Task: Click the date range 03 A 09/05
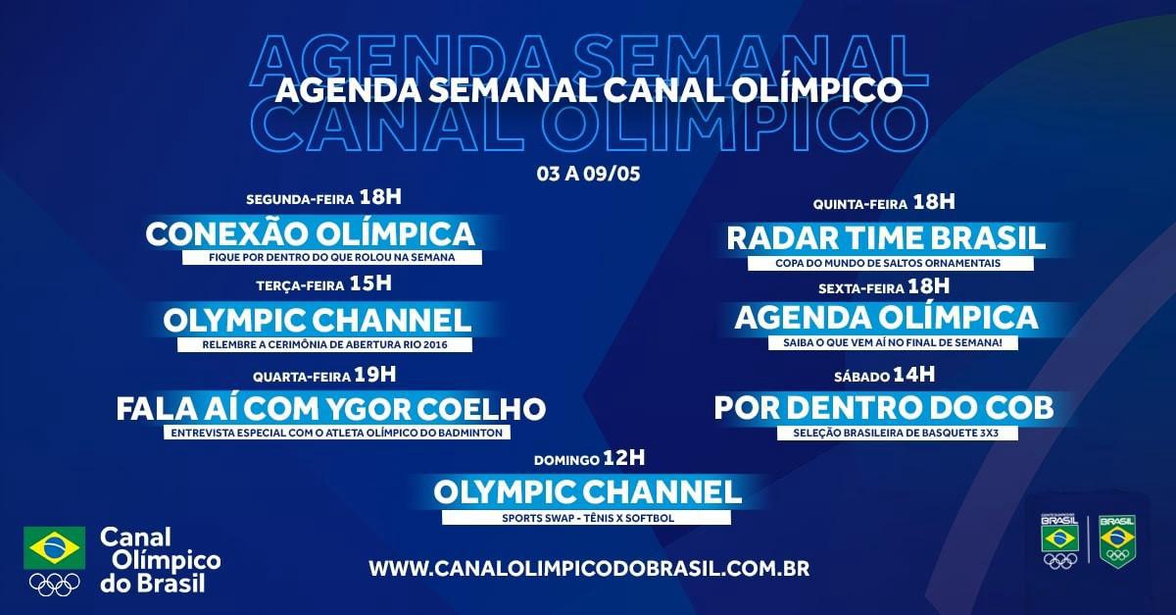click(x=588, y=174)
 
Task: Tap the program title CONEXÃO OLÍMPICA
click(x=311, y=233)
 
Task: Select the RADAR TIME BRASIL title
click(x=886, y=238)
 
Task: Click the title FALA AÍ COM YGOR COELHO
click(x=331, y=409)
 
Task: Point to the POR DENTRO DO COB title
click(x=884, y=407)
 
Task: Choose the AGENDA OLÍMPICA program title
click(x=886, y=318)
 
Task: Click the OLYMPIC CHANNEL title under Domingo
click(x=587, y=492)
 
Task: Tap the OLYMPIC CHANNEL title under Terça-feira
click(x=318, y=320)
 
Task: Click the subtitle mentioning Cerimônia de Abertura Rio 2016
click(x=325, y=345)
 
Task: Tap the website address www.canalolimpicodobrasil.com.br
click(x=589, y=569)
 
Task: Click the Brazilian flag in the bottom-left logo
click(x=55, y=547)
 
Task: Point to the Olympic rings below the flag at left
click(x=55, y=585)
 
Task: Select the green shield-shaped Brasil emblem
click(x=1118, y=541)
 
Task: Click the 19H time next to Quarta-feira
click(x=374, y=375)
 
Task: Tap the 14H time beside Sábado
click(x=913, y=375)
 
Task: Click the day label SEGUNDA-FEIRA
click(x=300, y=200)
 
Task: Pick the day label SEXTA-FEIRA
click(x=861, y=288)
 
